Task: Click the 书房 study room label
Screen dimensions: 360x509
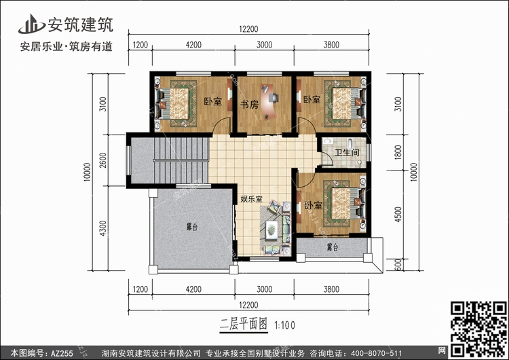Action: coord(249,105)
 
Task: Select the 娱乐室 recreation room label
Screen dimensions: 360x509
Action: coord(252,199)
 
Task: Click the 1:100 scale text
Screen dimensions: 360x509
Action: coord(286,325)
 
